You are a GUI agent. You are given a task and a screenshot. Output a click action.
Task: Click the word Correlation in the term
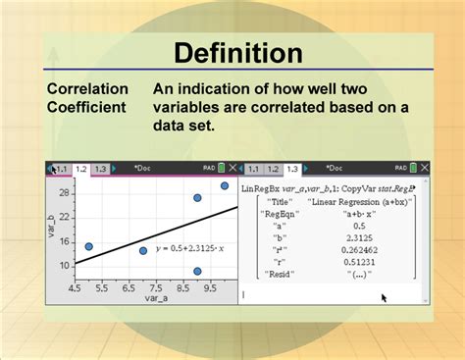click(x=87, y=88)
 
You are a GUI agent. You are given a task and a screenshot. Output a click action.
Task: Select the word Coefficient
click(x=88, y=106)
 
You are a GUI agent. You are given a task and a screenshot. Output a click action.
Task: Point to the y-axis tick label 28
click(x=62, y=192)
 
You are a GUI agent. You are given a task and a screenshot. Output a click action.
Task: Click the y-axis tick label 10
click(x=62, y=265)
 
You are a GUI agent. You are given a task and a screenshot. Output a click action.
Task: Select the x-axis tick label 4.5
click(x=76, y=290)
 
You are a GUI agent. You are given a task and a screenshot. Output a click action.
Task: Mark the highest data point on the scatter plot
click(x=224, y=185)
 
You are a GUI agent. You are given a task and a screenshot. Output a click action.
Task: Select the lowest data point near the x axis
click(x=197, y=272)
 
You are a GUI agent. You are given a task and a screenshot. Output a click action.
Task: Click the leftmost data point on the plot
click(x=88, y=246)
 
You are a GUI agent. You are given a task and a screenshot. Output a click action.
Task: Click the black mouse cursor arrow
click(x=384, y=296)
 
